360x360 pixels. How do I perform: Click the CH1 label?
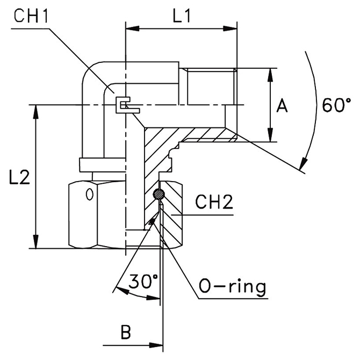(31, 16)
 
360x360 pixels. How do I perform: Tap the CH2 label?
(214, 203)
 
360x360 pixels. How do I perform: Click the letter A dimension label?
(283, 106)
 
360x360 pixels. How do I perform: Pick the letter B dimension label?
(126, 333)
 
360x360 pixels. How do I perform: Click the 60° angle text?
(336, 104)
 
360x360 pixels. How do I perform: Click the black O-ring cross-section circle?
(159, 194)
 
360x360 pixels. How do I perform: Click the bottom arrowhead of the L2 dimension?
(37, 244)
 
